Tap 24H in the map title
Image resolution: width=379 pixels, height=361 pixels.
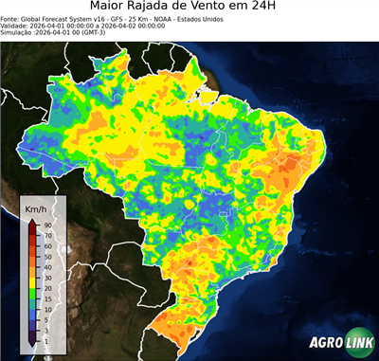coord(274,8)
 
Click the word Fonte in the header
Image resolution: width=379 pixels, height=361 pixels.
coord(9,18)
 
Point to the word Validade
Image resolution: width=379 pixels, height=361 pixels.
coord(14,25)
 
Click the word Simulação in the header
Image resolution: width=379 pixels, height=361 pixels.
coord(17,32)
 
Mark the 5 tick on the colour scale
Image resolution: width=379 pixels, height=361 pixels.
coord(45,316)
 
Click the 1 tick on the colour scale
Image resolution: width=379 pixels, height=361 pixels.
coord(45,339)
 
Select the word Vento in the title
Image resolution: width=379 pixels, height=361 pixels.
coord(226,8)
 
